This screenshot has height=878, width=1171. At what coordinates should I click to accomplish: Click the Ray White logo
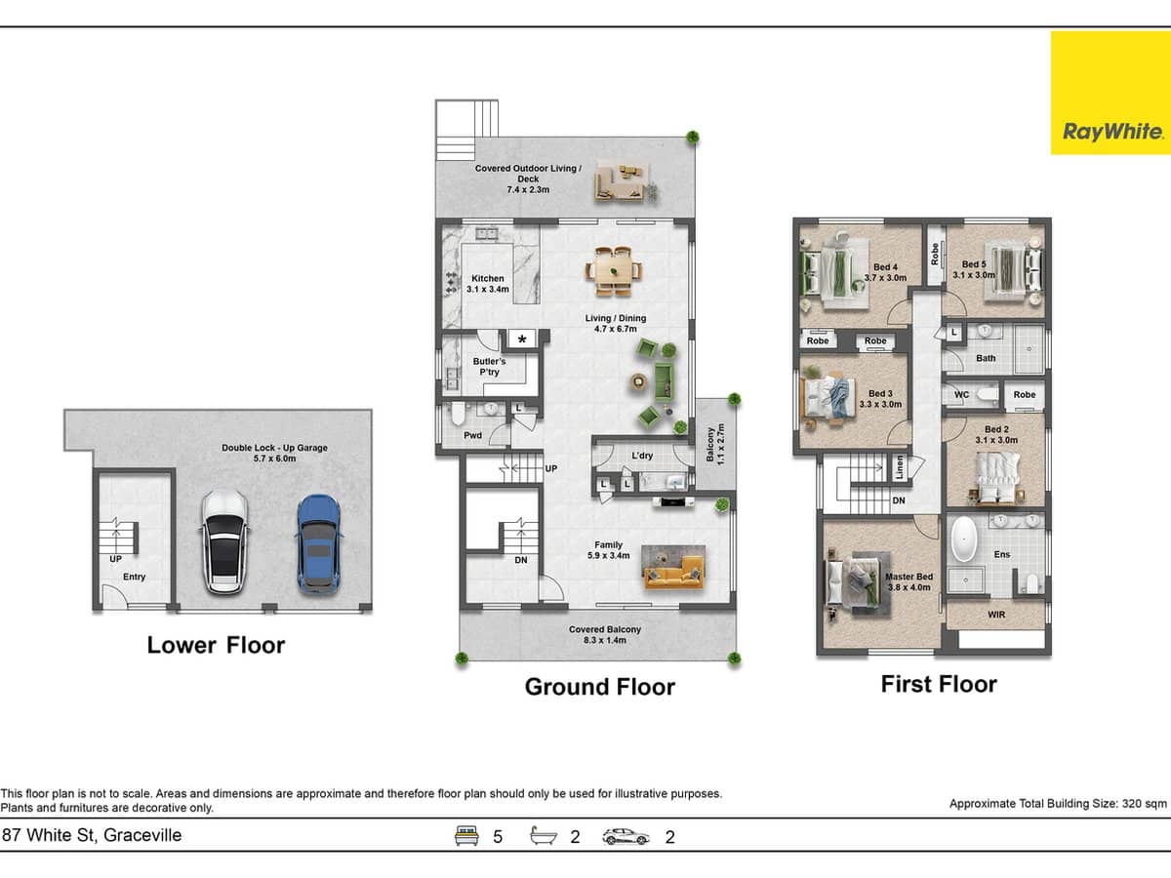[x=1110, y=93]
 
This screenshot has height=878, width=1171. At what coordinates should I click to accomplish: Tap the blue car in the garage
[x=318, y=542]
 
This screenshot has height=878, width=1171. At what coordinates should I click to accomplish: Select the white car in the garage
[x=223, y=542]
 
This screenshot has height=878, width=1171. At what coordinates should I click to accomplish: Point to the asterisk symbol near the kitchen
[x=523, y=339]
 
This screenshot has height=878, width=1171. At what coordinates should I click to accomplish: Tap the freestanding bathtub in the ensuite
[x=963, y=540]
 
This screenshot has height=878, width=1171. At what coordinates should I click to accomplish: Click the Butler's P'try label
[x=489, y=366]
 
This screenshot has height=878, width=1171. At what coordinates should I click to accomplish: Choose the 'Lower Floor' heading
[x=216, y=645]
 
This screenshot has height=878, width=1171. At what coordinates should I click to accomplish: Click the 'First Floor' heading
[x=939, y=684]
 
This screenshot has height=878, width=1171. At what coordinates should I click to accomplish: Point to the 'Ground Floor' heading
[x=599, y=687]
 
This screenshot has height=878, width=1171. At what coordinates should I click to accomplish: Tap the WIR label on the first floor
[x=996, y=615]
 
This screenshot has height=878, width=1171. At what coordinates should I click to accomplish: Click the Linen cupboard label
[x=900, y=467]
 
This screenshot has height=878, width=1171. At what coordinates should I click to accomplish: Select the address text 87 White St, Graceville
[x=93, y=835]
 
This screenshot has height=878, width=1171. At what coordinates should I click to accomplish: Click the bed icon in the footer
[x=467, y=836]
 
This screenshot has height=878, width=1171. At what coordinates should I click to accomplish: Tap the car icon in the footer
[x=626, y=836]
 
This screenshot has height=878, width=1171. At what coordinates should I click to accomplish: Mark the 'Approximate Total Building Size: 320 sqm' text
[x=1058, y=804]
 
